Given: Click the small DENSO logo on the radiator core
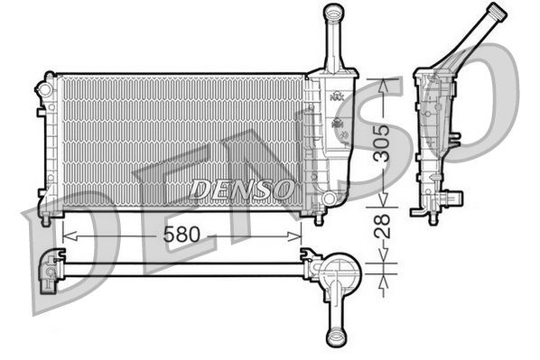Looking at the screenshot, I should point(242,189).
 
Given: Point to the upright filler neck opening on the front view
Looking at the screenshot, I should point(334,13).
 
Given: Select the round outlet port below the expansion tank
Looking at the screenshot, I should point(329,197).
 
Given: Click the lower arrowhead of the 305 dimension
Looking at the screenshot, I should point(384,204).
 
